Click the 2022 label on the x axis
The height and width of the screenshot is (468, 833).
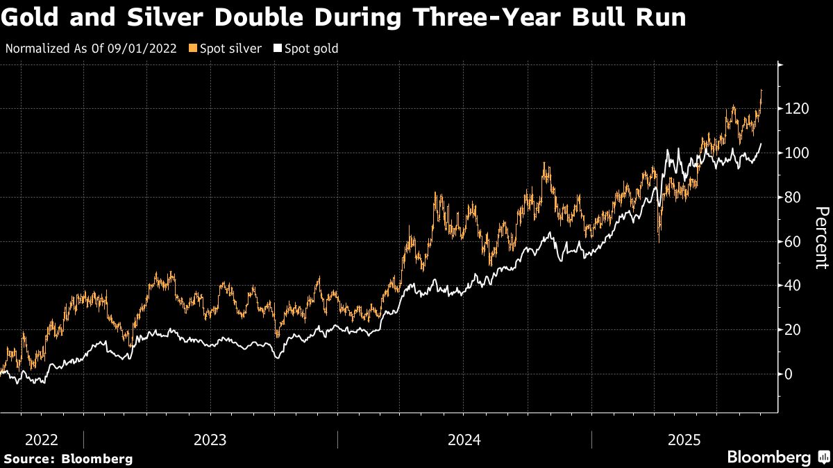coord(42,440)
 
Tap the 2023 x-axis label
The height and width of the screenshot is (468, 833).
coord(210,440)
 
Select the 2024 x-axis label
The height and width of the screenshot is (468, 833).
coord(464,440)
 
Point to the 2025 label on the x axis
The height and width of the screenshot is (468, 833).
coord(684,440)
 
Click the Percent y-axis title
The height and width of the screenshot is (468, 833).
coord(821,237)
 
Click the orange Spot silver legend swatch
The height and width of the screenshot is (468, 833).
coord(193,49)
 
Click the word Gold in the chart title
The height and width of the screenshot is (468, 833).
coord(28,17)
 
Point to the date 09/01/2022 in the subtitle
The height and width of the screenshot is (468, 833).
coord(145,49)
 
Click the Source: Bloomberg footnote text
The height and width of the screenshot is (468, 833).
coord(68,458)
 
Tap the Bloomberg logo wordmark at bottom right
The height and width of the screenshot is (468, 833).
coord(768,458)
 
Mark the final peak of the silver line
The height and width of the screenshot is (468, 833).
coord(762,90)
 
